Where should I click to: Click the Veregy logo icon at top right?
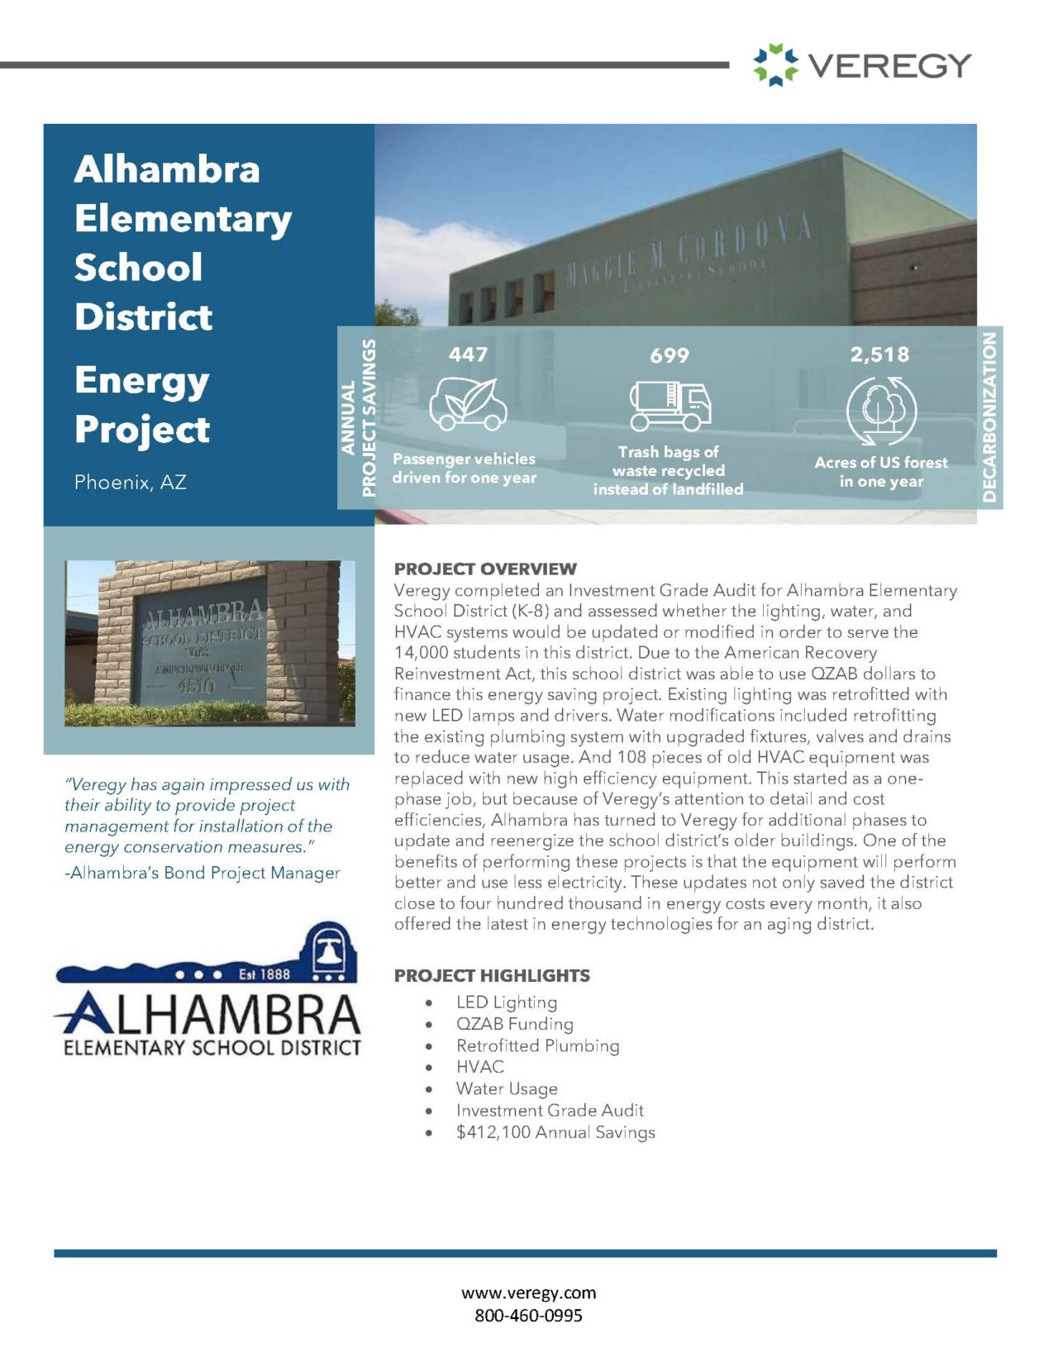(775, 65)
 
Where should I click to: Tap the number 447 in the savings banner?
(468, 355)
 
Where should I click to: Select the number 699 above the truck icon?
(669, 356)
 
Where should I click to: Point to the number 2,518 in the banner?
(879, 355)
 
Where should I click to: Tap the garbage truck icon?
(670, 406)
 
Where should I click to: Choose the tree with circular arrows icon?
(881, 410)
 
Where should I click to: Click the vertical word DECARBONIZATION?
(989, 417)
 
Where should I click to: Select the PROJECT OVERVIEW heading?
(485, 569)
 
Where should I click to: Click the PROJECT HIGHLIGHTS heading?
(492, 975)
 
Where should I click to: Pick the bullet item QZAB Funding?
(514, 1024)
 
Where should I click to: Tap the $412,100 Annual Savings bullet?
(555, 1132)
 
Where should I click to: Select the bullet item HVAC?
(479, 1067)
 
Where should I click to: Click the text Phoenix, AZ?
(130, 482)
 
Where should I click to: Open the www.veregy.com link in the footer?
(528, 1293)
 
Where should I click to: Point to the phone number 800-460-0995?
(528, 1315)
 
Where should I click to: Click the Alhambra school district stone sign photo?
(210, 643)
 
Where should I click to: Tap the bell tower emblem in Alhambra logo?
(330, 952)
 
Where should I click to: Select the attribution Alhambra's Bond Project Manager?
(203, 873)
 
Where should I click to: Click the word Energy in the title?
(141, 381)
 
